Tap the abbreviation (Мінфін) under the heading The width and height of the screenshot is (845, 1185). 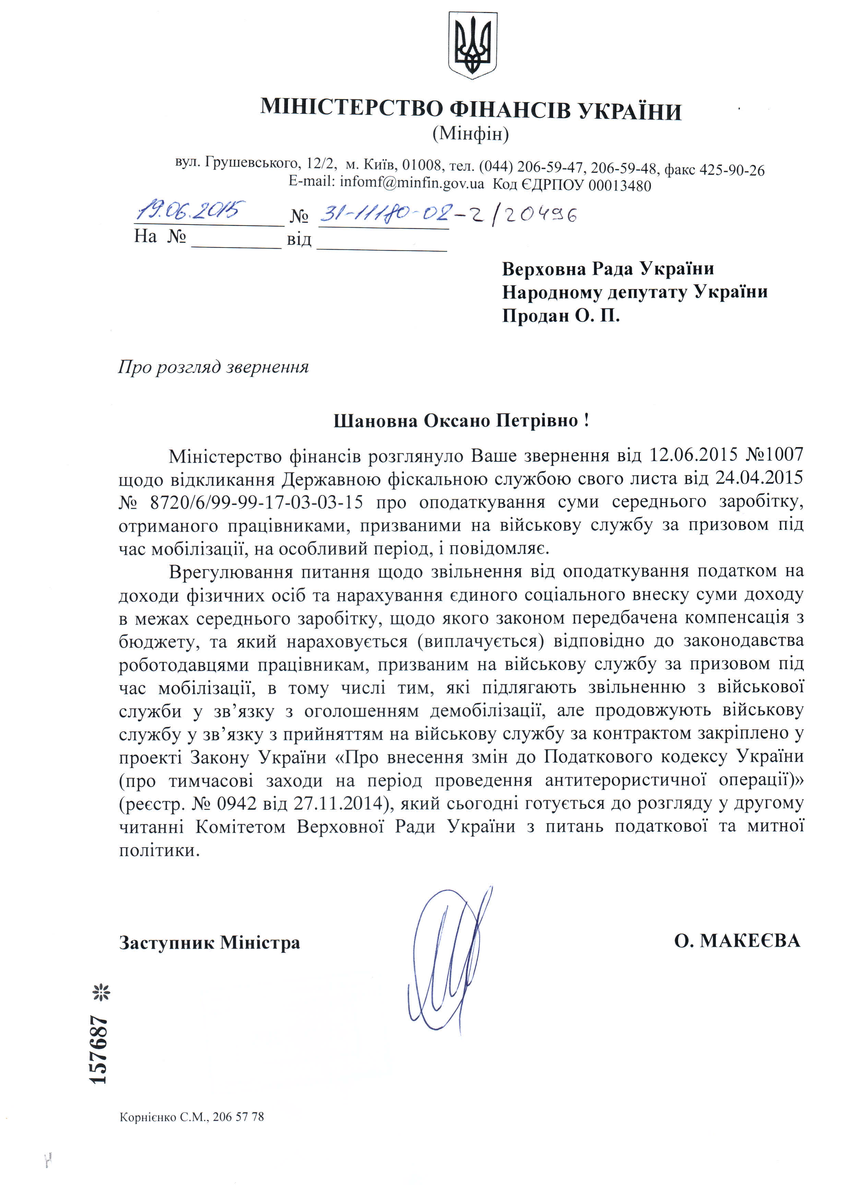(x=471, y=134)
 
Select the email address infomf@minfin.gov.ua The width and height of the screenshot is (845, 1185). (x=412, y=183)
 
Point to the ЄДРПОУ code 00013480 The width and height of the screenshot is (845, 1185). (x=619, y=185)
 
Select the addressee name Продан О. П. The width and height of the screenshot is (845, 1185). (x=560, y=316)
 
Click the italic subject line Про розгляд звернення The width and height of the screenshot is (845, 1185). (x=213, y=367)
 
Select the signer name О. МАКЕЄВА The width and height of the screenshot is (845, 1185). (x=737, y=941)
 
